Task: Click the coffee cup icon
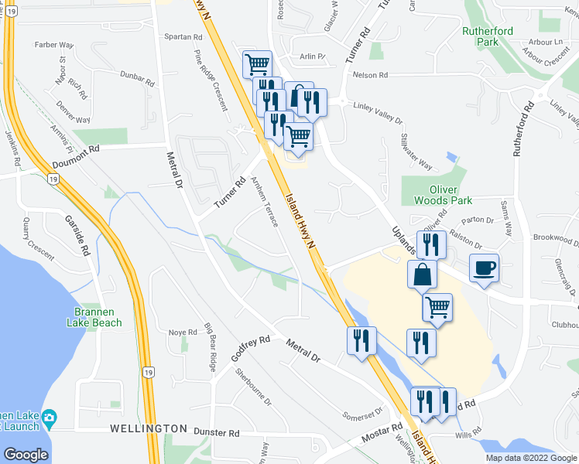click(x=485, y=268)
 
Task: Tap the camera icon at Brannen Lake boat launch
click(x=49, y=418)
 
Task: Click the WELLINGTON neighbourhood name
click(x=149, y=428)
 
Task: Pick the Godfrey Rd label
click(x=250, y=350)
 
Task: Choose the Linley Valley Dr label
click(x=377, y=113)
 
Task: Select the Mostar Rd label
click(x=385, y=431)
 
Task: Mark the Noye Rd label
click(x=177, y=332)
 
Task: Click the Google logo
click(x=26, y=455)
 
